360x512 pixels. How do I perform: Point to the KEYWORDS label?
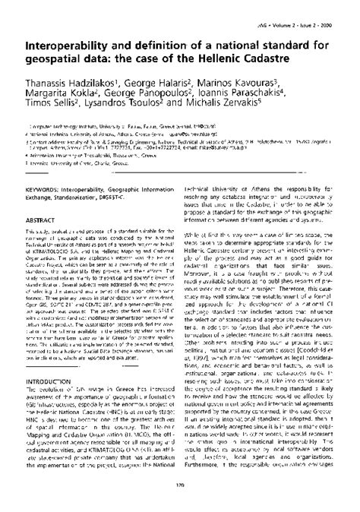(35, 163)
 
